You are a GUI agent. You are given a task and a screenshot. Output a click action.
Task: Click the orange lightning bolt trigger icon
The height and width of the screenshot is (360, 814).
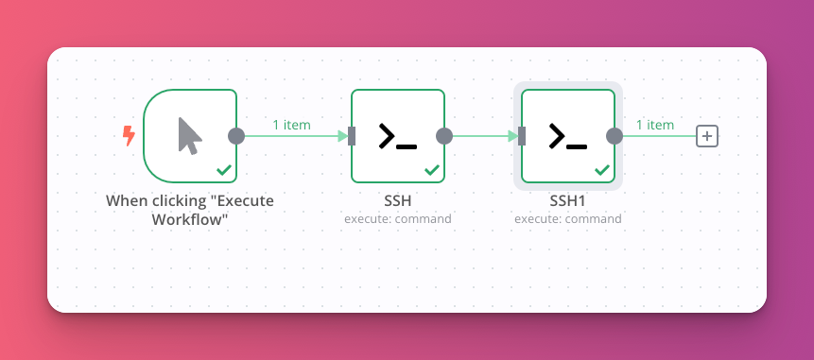pos(129,136)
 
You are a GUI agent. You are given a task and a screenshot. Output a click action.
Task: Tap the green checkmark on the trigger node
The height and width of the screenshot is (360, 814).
pos(224,170)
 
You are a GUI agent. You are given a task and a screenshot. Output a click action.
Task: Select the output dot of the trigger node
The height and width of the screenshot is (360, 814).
pos(236,136)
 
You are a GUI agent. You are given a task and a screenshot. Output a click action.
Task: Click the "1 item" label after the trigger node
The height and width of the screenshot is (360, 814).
pos(291,125)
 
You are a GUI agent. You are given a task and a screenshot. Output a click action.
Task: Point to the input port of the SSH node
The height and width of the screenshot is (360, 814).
pos(352,136)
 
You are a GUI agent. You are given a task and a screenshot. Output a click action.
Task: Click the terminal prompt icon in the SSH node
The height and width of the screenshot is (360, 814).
pos(397,137)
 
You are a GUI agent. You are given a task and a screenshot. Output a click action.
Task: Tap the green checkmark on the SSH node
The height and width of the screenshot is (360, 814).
pos(432,170)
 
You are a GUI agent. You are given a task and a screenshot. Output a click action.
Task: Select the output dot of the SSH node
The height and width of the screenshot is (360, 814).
pos(444,136)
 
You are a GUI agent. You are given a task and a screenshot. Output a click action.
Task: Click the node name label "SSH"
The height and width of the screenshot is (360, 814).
pos(398,200)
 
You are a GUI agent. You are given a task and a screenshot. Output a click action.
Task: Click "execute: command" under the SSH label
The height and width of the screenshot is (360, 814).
pos(398,218)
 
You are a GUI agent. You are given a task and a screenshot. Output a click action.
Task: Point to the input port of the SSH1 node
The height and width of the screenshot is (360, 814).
pos(522,136)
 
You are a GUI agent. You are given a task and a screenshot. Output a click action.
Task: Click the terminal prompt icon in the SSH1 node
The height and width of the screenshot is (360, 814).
pos(567,137)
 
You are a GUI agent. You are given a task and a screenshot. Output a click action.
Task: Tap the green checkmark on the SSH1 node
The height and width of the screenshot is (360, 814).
pos(602,170)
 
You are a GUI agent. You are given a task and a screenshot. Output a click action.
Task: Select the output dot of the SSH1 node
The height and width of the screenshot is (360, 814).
pos(615,136)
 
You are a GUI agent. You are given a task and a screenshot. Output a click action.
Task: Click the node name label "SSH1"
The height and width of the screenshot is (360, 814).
pos(568,200)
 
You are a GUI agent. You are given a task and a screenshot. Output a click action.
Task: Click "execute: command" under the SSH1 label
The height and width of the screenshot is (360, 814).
pos(568,218)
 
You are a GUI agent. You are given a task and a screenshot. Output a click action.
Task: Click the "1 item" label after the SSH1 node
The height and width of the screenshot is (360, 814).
pos(654,125)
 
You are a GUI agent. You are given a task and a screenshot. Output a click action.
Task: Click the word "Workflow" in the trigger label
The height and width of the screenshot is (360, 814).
pos(190,219)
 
